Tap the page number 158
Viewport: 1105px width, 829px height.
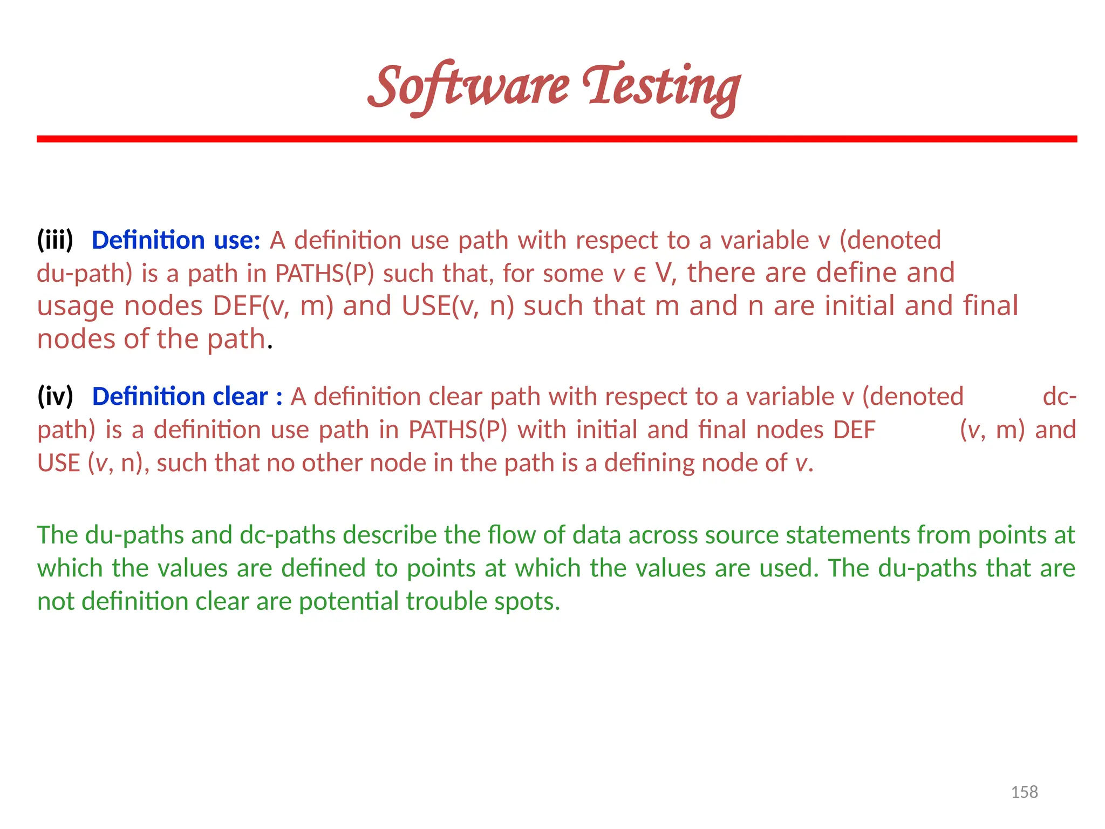tap(1024, 792)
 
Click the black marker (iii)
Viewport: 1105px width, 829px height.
tap(55, 240)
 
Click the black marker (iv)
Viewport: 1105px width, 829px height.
tap(55, 397)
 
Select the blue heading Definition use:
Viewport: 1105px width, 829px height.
tap(176, 240)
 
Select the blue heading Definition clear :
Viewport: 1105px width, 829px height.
tap(187, 397)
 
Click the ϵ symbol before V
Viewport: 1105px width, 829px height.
tap(640, 274)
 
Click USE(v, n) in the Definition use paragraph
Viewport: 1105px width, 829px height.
tap(458, 306)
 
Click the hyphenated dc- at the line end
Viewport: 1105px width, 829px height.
tap(1059, 397)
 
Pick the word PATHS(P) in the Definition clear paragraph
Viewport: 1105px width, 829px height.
tap(458, 430)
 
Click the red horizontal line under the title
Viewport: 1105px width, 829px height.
tap(557, 139)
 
